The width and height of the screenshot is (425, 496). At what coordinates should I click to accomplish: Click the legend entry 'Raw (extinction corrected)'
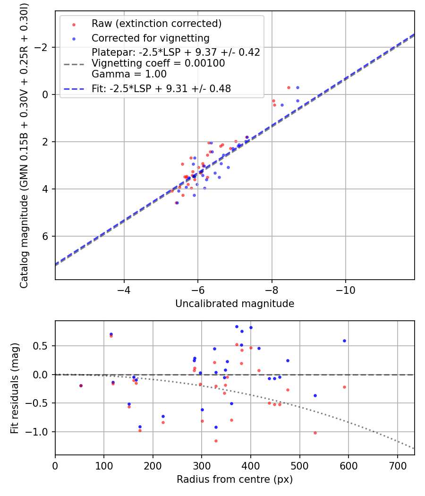156,24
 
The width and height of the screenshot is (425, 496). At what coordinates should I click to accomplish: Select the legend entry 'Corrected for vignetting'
150,38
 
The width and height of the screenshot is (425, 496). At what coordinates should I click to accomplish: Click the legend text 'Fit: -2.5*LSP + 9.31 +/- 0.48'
161,88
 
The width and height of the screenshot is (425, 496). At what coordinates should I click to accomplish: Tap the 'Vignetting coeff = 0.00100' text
158,63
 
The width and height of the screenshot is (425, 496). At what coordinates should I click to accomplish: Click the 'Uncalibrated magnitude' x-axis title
235,304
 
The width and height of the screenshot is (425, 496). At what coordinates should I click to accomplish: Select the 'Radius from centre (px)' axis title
235,479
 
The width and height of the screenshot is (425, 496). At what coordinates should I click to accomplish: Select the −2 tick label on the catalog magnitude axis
43,47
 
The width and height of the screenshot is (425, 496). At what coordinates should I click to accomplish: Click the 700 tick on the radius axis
397,466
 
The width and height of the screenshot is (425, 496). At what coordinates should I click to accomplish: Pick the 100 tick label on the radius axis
104,466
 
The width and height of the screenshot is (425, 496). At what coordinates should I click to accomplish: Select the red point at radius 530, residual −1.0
315,433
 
